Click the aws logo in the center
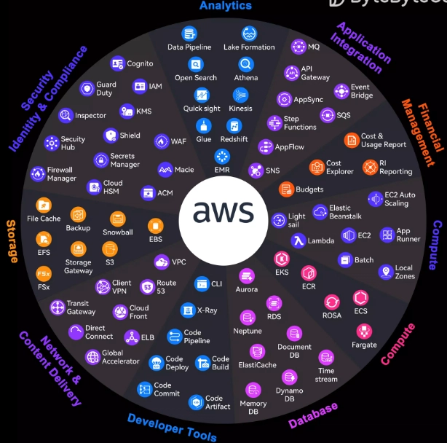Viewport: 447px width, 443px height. (223, 212)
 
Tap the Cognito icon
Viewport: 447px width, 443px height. (117, 63)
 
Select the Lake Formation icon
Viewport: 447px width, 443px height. (249, 34)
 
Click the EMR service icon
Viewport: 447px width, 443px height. (221, 156)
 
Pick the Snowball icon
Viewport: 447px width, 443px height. (117, 219)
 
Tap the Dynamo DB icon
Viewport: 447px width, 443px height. (289, 377)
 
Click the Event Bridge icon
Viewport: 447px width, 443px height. (341, 90)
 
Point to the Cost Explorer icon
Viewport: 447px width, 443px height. (317, 168)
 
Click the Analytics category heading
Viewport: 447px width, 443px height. (225, 6)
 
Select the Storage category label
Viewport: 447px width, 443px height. (11, 241)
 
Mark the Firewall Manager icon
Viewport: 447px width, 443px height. (38, 173)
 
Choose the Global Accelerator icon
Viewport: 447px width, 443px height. (93, 356)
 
